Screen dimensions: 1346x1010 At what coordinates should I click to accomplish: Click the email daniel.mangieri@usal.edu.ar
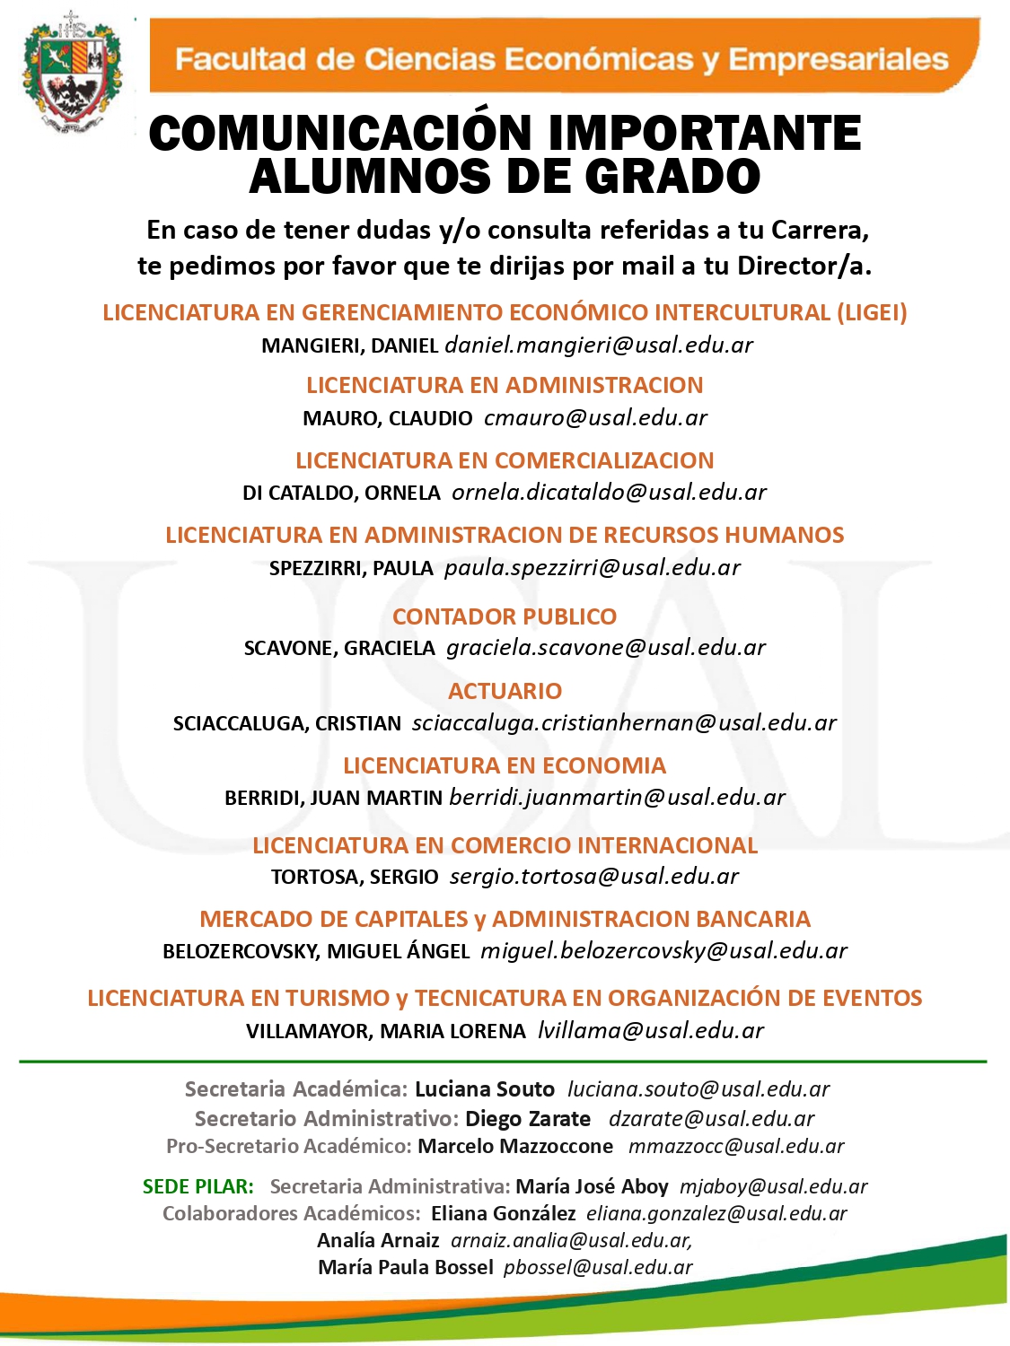point(599,345)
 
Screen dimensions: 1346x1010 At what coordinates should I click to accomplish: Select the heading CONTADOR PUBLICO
point(505,616)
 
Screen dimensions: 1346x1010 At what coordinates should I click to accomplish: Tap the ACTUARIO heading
point(505,691)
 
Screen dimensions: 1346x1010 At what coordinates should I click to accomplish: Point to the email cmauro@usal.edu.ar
point(595,418)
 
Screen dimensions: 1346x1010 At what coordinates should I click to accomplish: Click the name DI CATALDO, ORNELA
point(341,493)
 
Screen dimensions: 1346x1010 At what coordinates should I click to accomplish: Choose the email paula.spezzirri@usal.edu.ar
point(593,568)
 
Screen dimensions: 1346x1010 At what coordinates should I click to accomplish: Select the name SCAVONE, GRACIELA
point(339,648)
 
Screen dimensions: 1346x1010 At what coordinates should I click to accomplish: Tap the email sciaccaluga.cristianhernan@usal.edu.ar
point(624,723)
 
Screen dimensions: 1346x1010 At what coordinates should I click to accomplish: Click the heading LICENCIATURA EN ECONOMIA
point(505,765)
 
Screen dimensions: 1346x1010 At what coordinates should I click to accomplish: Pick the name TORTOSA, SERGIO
point(355,877)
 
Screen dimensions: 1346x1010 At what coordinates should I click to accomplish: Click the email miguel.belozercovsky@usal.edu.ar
point(663,951)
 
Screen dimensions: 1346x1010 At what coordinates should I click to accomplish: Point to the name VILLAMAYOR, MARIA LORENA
point(386,1031)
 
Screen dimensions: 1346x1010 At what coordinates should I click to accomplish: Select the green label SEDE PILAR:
point(198,1186)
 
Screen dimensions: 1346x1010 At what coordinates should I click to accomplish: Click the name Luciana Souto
point(485,1089)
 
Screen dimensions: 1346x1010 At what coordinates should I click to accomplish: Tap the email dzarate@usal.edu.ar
point(711,1119)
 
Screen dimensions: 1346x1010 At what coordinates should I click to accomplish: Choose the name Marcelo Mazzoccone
point(515,1147)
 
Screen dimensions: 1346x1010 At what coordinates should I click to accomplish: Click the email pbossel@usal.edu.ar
point(598,1267)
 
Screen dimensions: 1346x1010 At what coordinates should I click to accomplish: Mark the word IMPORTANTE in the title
point(705,135)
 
